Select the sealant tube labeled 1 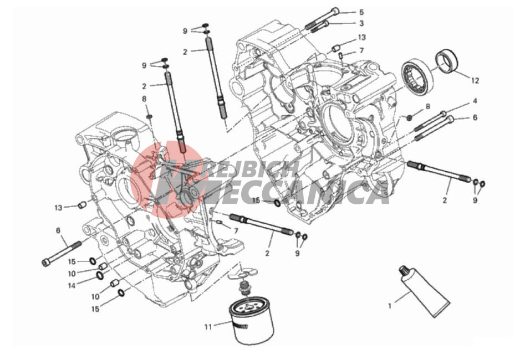pyautogui.click(x=425, y=291)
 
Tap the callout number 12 pyautogui.click(x=475, y=80)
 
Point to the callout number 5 pyautogui.click(x=361, y=12)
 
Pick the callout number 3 pyautogui.click(x=361, y=23)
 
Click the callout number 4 pyautogui.click(x=475, y=101)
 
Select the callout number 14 pyautogui.click(x=72, y=285)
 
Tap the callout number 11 pyautogui.click(x=208, y=327)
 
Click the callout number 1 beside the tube pyautogui.click(x=390, y=306)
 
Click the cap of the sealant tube pyautogui.click(x=404, y=269)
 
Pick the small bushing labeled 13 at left pyautogui.click(x=82, y=205)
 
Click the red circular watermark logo pyautogui.click(x=166, y=179)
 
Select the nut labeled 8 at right pyautogui.click(x=409, y=117)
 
